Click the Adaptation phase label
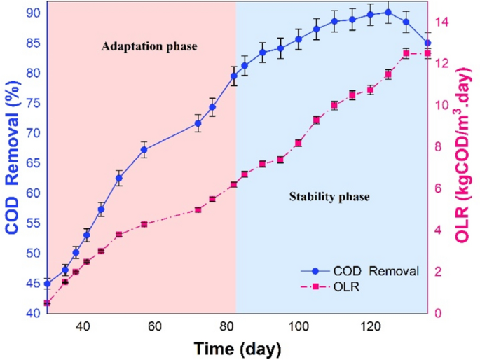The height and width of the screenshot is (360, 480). tap(149, 48)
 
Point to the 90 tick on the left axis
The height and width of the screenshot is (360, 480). tap(34, 13)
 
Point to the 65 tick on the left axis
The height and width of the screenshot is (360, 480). tap(34, 163)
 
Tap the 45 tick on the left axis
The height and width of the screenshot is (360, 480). tap(34, 284)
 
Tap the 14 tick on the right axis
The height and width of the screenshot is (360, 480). tap(440, 22)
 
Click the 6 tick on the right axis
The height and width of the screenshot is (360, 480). tap(437, 188)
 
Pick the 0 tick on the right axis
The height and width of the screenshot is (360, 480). tap(437, 313)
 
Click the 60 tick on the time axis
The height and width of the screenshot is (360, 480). tap(155, 326)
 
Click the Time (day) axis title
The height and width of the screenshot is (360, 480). tap(238, 347)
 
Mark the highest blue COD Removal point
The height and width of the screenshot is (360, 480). tap(388, 12)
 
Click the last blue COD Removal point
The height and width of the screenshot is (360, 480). tap(427, 43)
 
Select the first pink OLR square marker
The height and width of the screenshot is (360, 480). tap(47, 303)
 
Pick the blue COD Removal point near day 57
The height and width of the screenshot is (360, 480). tap(144, 149)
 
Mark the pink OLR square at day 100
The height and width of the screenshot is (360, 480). tap(299, 143)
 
